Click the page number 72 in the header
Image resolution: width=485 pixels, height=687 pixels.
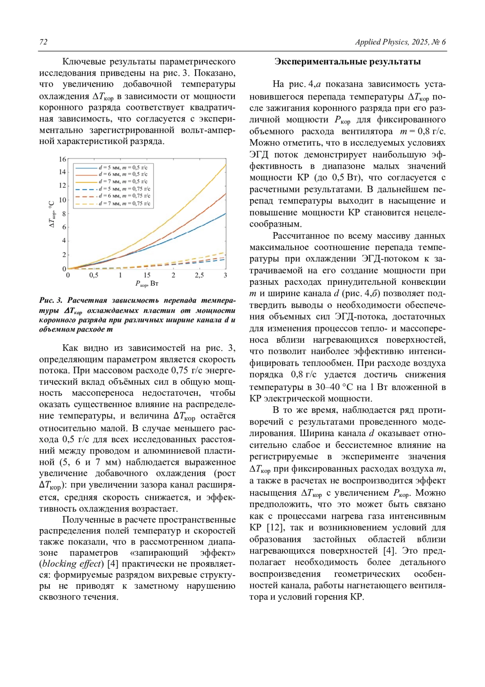(43, 42)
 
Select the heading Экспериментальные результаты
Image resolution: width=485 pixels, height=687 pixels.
(348, 61)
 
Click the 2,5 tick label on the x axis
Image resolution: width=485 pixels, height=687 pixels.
(199, 276)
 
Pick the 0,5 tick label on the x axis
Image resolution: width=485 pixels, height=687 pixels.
(94, 276)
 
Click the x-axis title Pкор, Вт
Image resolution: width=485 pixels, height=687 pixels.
(147, 284)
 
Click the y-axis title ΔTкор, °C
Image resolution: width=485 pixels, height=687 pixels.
(52, 214)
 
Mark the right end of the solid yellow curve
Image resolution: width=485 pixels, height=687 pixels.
(225, 165)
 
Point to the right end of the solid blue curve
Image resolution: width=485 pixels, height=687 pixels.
(225, 214)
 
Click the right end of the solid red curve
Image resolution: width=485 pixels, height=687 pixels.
(225, 194)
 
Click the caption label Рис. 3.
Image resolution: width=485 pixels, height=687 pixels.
(51, 300)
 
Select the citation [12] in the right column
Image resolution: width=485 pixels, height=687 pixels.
(274, 528)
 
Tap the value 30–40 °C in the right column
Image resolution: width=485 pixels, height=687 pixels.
(333, 387)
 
